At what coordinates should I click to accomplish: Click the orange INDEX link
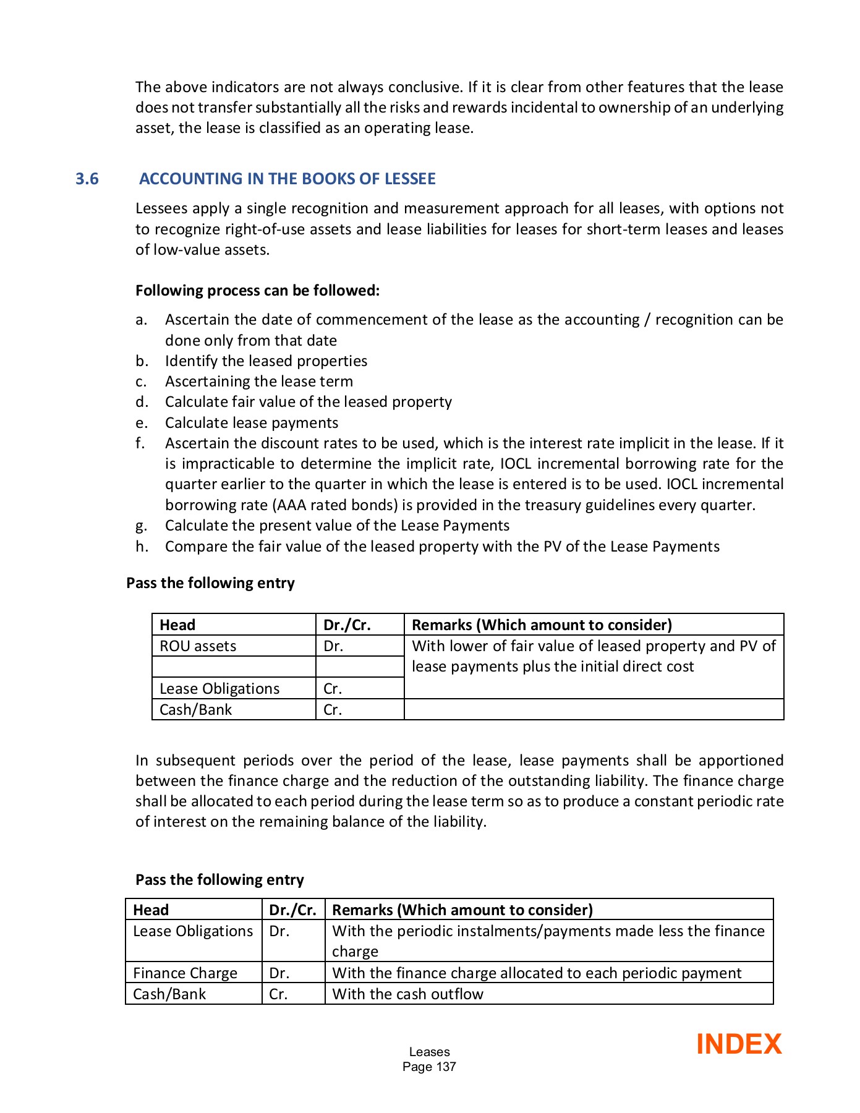[x=738, y=1044]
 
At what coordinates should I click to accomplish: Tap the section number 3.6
[x=87, y=179]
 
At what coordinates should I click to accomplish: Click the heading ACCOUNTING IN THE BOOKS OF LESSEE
[x=287, y=179]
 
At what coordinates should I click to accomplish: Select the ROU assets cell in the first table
[x=198, y=646]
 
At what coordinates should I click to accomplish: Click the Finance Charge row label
[x=185, y=973]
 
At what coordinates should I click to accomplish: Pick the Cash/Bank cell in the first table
[x=195, y=710]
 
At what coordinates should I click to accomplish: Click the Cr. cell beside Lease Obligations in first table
[x=333, y=689]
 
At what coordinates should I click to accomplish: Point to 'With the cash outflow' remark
[x=407, y=994]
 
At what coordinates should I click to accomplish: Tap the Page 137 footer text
[x=429, y=1067]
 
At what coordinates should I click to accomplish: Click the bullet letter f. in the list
[x=140, y=443]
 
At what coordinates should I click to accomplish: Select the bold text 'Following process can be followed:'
[x=257, y=291]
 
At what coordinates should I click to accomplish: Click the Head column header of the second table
[x=151, y=910]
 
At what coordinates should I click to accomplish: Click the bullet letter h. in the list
[x=142, y=547]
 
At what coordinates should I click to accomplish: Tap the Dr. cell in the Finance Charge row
[x=279, y=973]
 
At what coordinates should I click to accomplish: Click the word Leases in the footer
[x=429, y=1052]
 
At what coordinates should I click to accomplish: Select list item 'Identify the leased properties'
[x=266, y=361]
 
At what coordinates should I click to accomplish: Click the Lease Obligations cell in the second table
[x=193, y=931]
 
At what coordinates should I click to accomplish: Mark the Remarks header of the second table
[x=462, y=910]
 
